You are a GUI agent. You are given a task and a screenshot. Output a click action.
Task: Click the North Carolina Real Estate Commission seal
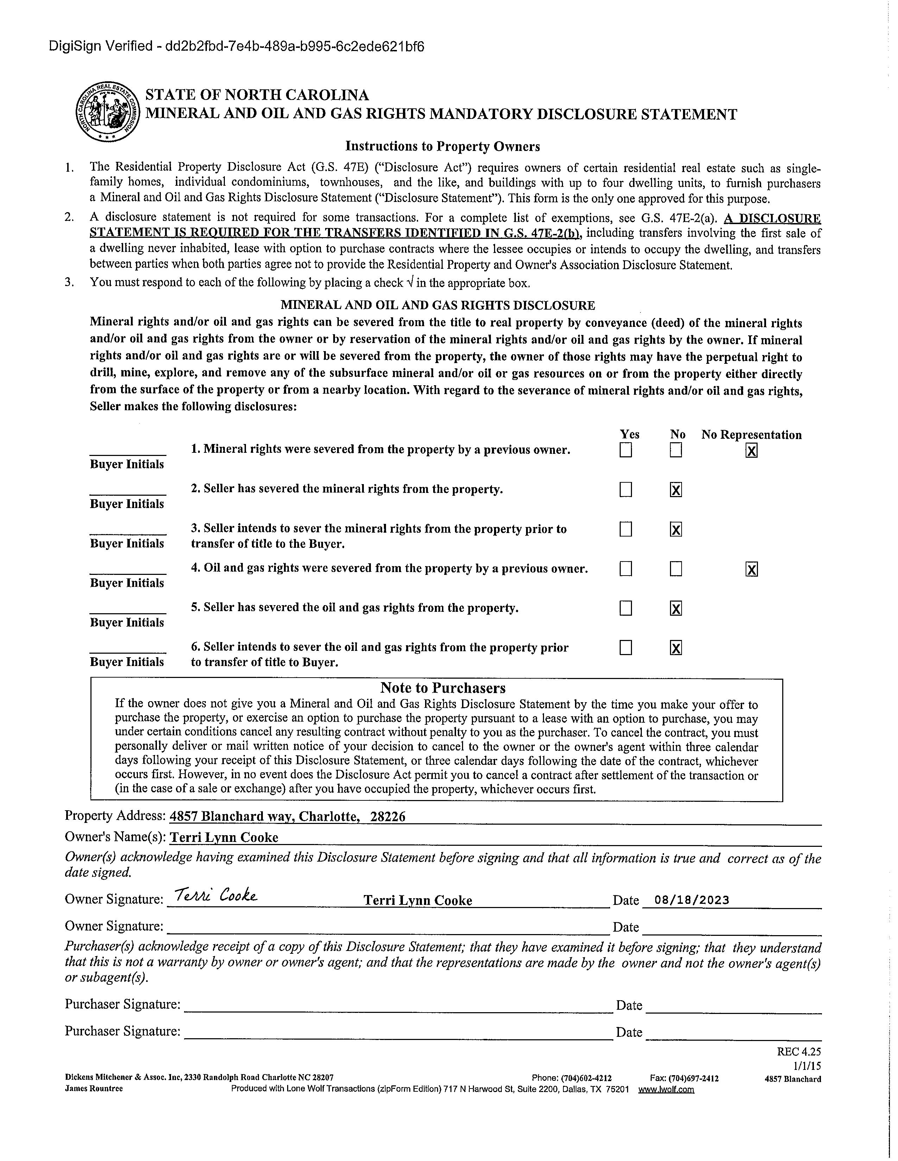[108, 112]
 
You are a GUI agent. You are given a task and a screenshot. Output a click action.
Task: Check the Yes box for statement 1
[626, 450]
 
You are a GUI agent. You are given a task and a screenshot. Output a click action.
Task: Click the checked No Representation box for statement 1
[751, 451]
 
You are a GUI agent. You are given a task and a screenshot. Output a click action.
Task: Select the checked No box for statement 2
[675, 490]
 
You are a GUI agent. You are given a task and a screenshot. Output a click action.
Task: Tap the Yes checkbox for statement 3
[626, 529]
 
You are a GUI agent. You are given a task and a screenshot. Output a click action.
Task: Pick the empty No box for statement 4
[675, 569]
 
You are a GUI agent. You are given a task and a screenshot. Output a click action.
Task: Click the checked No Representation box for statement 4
[751, 569]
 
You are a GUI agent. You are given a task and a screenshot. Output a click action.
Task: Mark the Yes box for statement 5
[626, 608]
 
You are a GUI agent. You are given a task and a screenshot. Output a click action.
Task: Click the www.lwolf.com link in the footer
[666, 1089]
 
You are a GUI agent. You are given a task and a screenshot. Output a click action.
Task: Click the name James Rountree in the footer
[94, 1088]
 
